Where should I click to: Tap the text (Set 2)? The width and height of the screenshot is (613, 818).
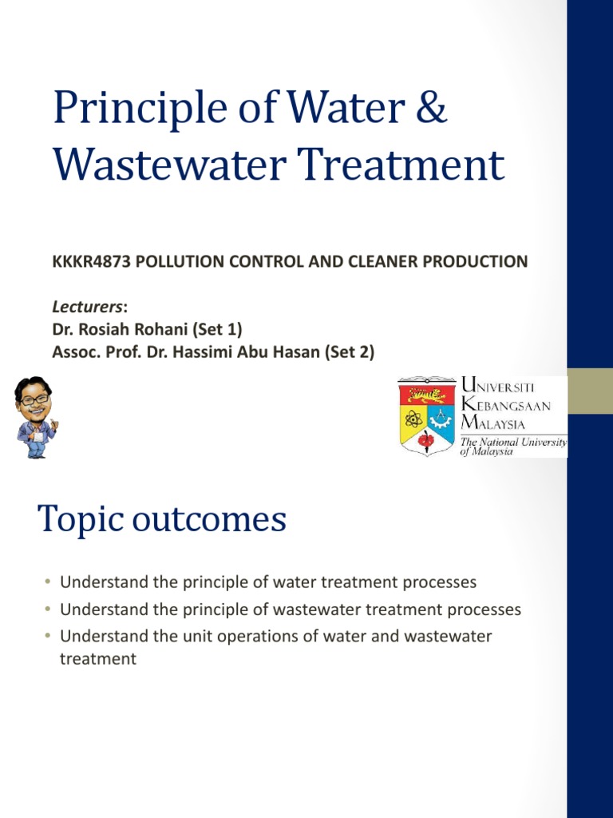346,351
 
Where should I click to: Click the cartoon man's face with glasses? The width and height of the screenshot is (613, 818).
34,399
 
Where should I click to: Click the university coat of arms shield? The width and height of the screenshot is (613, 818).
427,415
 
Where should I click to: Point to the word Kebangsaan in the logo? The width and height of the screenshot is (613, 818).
506,406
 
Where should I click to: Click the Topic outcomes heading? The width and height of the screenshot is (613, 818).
162,520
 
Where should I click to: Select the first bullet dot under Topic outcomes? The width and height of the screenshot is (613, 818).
48,582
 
